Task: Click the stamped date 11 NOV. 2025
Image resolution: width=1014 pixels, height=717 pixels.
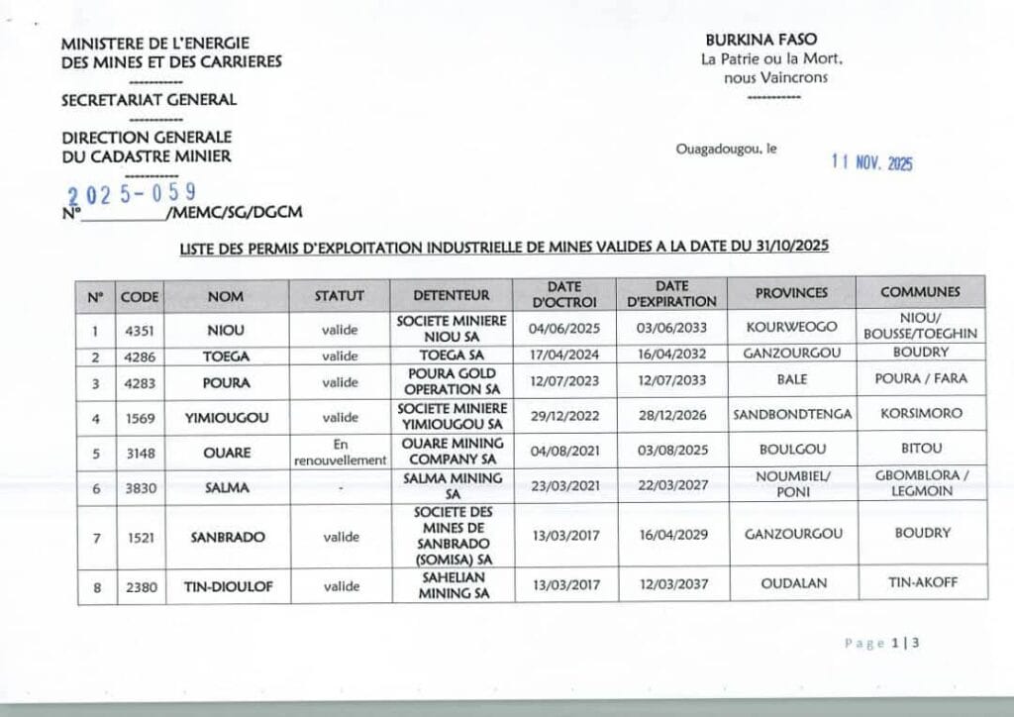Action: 872,164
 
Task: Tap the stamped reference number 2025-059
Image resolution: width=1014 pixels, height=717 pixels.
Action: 132,192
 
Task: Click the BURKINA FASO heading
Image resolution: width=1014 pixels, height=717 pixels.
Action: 761,40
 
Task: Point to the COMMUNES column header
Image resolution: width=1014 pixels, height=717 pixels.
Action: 920,292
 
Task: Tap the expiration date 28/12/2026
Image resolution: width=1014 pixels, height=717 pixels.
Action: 672,416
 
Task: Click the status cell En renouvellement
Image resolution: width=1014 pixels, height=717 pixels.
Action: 340,453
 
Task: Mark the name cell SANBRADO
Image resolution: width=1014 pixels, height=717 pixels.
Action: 227,537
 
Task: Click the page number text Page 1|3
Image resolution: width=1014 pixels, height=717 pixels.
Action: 883,643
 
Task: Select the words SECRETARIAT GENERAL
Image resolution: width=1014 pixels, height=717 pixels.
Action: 149,99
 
